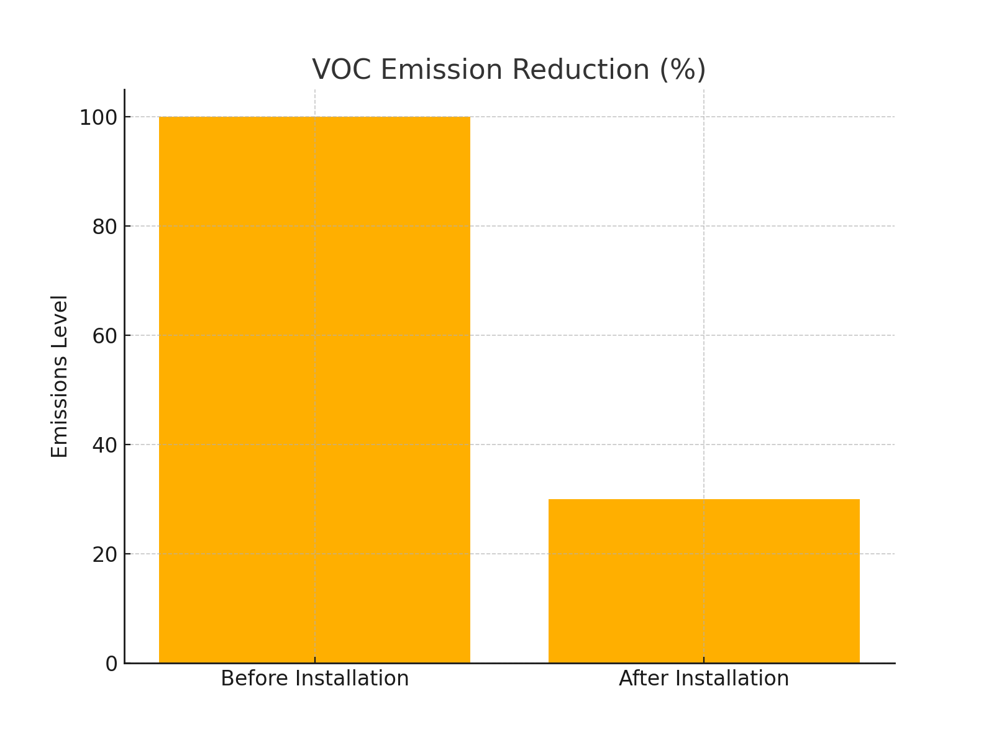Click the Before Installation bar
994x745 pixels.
(314, 390)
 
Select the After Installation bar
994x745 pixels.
(704, 581)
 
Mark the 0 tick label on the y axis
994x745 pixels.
(111, 664)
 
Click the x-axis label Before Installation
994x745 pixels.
(314, 679)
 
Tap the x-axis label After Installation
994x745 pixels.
(704, 679)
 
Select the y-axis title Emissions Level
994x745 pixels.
(60, 376)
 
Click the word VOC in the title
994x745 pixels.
(341, 70)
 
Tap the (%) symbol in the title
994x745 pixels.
(682, 70)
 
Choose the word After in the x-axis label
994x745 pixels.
(641, 679)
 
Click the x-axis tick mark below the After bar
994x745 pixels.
(704, 660)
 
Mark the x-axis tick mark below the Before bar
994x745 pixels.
(314, 660)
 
